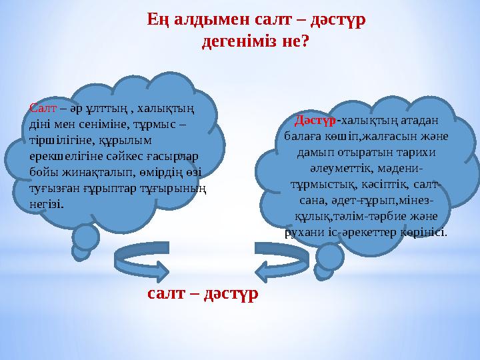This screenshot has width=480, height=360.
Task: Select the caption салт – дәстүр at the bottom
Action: (x=203, y=293)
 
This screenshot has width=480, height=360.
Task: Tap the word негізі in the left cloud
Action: (x=47, y=203)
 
